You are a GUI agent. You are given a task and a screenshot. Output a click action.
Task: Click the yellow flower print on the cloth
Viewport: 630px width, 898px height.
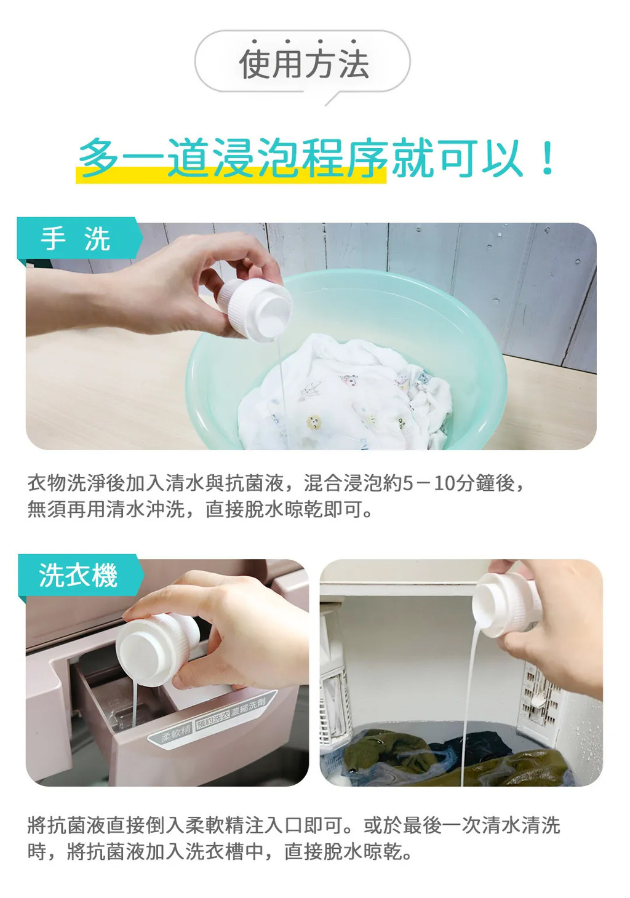point(314,421)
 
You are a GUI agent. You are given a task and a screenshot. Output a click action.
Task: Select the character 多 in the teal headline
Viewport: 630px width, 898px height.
point(98,157)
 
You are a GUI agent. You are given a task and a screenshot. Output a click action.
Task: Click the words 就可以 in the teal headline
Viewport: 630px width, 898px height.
point(457,158)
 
